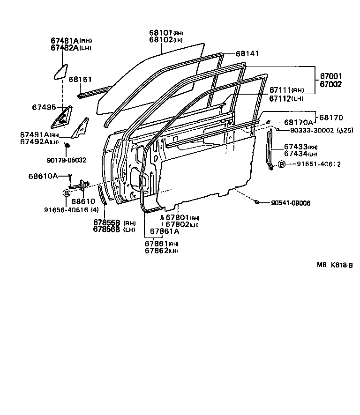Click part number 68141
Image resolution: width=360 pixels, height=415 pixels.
[247, 54]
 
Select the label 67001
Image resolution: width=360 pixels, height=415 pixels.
[331, 76]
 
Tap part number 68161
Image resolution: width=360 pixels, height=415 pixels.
[80, 80]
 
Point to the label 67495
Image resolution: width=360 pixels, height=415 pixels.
[44, 107]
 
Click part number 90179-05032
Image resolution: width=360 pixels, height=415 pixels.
[67, 160]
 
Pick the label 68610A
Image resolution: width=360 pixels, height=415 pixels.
[43, 176]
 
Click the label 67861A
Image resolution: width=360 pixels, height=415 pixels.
[165, 231]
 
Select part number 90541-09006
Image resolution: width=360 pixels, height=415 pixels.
[291, 203]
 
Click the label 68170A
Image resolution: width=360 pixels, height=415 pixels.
[298, 122]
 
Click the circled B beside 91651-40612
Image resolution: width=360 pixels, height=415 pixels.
[281, 164]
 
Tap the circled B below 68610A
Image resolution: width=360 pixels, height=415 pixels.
[66, 193]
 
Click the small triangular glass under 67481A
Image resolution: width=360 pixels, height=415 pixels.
[60, 71]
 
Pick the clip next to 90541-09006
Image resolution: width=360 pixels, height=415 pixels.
[257, 202]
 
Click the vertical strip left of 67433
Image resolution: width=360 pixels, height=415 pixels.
[270, 150]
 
